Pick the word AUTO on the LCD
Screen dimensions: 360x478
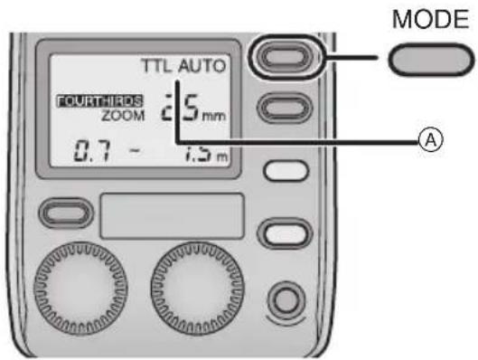coord(203,67)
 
